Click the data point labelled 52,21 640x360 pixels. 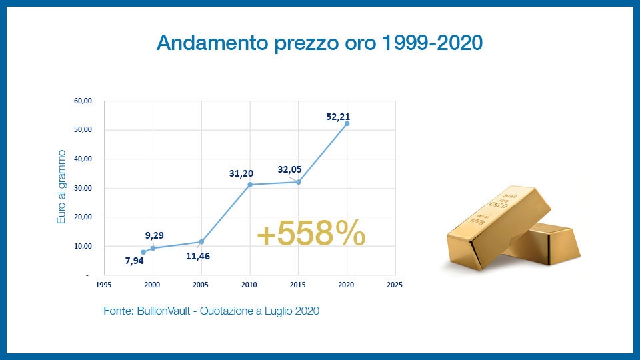pyautogui.click(x=347, y=123)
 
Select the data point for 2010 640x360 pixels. pyautogui.click(x=250, y=185)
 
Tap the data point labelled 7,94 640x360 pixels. pyautogui.click(x=143, y=252)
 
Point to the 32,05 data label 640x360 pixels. pyautogui.click(x=291, y=169)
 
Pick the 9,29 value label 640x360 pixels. pyautogui.click(x=155, y=235)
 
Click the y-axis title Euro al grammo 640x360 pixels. pyautogui.click(x=61, y=186)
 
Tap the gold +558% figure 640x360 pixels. pyautogui.click(x=311, y=233)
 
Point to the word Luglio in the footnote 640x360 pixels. pyautogui.click(x=279, y=311)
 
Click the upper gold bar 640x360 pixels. pyautogui.click(x=497, y=220)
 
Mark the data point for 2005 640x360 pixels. pyautogui.click(x=201, y=241)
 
